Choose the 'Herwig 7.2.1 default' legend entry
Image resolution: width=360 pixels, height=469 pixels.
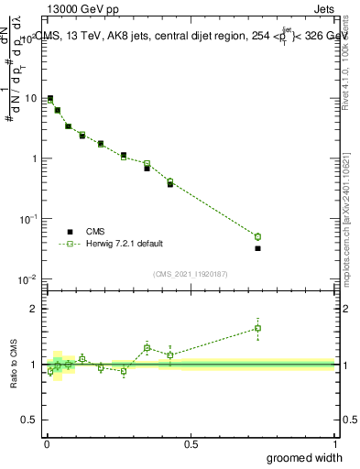125,244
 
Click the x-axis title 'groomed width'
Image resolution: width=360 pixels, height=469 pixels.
304,457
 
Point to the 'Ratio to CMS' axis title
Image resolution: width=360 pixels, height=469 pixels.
15,364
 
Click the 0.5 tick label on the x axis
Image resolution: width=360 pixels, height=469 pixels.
191,444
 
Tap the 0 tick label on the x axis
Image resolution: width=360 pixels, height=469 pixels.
46,444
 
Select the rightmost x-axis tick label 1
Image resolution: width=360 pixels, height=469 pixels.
334,444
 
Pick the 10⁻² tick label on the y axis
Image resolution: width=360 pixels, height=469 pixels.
29,278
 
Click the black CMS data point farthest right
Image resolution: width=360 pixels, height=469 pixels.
257,248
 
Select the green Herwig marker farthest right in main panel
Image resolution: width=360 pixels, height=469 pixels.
257,236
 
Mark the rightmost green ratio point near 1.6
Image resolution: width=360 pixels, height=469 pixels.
257,328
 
